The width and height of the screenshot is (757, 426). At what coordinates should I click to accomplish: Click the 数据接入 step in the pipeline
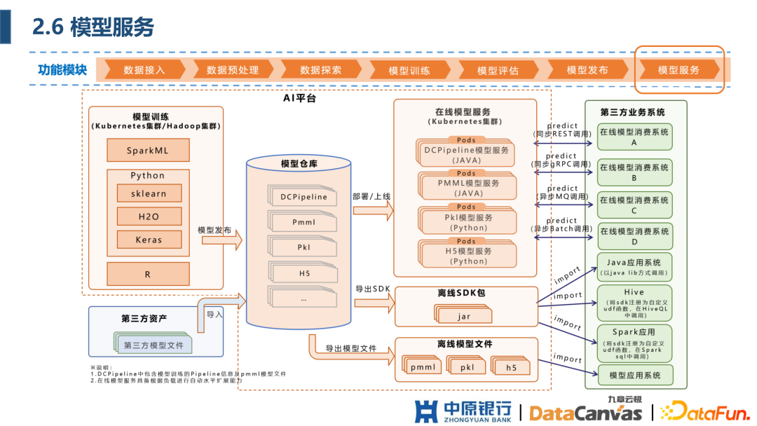point(144,70)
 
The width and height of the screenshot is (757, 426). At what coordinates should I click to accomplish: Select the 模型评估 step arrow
point(498,70)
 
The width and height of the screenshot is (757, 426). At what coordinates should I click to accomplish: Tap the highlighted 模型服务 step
point(678,70)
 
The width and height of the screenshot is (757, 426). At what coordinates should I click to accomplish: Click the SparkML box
point(148,151)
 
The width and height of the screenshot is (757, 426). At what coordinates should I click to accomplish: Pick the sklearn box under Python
point(148,193)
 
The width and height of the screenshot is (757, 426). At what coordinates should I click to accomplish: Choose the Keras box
point(148,240)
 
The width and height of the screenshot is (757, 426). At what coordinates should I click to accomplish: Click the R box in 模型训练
point(148,274)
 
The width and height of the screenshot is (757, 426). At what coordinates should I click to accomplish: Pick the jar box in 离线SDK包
point(464,316)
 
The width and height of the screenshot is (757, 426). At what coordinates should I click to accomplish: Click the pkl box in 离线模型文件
point(468,367)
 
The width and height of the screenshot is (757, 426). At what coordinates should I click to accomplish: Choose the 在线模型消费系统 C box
point(634,205)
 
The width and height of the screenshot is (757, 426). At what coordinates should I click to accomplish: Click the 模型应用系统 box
point(634,376)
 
